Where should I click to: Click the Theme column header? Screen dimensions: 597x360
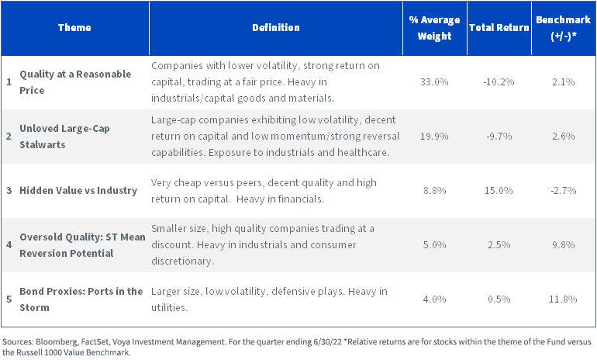point(74,27)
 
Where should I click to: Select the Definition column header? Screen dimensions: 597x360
point(276,27)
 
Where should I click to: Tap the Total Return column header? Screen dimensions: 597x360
point(499,27)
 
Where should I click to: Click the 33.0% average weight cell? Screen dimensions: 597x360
point(434,82)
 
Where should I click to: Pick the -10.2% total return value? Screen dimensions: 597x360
point(499,82)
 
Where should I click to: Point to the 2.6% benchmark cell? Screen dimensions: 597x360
point(564,136)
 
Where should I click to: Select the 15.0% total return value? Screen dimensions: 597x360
point(499,190)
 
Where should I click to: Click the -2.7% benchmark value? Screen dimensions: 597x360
point(564,190)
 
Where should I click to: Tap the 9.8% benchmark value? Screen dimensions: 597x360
point(564,244)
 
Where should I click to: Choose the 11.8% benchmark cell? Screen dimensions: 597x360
point(563,299)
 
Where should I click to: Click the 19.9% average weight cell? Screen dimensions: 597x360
point(434,136)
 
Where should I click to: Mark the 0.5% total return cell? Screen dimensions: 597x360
point(499,299)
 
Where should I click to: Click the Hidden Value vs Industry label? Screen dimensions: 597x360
point(78,190)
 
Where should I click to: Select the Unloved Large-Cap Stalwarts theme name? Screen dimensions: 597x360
point(64,137)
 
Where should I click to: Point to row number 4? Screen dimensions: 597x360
point(9,244)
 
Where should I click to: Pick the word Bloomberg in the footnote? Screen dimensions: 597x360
point(53,341)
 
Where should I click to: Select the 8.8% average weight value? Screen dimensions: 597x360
point(434,190)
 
